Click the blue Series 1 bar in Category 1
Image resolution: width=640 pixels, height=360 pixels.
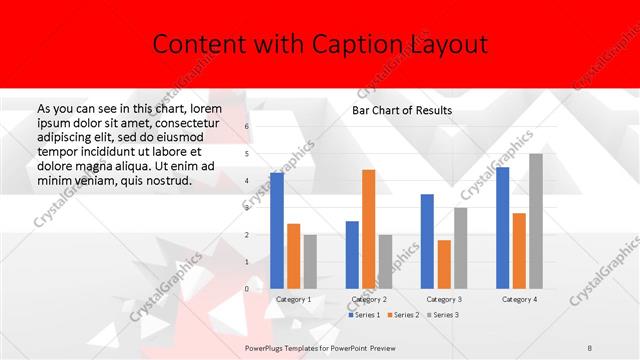click(x=277, y=231)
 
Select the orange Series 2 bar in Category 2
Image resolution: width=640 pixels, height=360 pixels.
click(x=368, y=229)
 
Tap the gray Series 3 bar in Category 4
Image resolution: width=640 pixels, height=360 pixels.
click(x=536, y=221)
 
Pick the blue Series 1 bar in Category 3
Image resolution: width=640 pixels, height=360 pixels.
click(x=427, y=241)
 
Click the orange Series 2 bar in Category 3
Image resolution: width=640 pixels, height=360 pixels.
click(x=443, y=264)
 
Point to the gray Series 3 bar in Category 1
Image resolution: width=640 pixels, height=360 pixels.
click(x=309, y=262)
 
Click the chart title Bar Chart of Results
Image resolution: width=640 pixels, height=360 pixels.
click(x=402, y=110)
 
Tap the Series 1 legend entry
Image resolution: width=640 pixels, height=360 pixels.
click(x=365, y=315)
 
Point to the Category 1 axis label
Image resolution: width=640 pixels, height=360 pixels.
click(x=293, y=299)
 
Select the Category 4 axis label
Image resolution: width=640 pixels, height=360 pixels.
click(x=519, y=299)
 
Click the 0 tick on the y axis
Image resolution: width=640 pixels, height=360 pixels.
click(x=248, y=289)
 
